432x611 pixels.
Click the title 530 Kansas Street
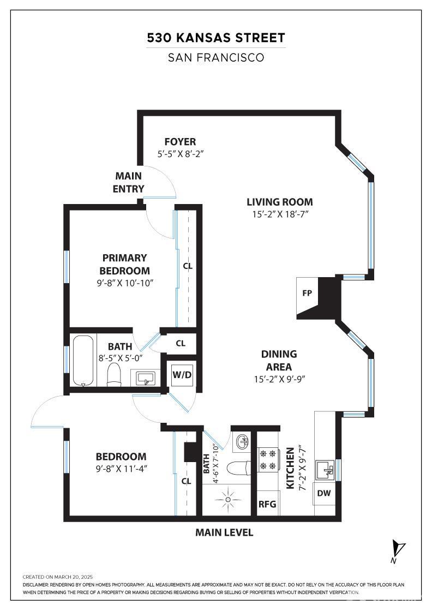click(x=216, y=38)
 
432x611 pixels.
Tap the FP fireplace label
click(x=307, y=293)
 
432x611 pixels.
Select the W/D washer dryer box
click(x=182, y=375)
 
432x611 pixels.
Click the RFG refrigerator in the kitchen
click(x=267, y=504)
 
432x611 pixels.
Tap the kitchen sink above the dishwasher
click(x=327, y=469)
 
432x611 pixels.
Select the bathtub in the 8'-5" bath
click(x=83, y=361)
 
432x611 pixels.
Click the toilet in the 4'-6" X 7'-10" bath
click(x=238, y=468)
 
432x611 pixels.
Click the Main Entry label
click(x=129, y=182)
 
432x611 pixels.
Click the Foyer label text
click(x=180, y=142)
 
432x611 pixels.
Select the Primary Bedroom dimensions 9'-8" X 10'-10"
click(x=124, y=283)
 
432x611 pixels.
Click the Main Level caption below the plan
click(x=224, y=532)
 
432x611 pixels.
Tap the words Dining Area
click(x=279, y=361)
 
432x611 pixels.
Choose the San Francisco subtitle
click(x=216, y=57)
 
